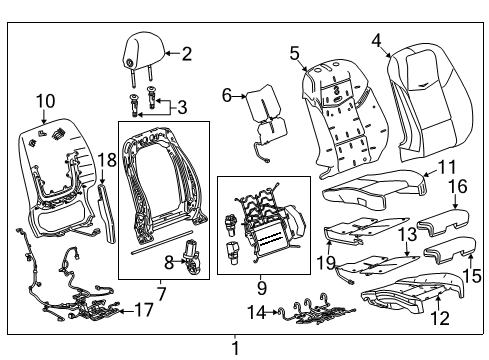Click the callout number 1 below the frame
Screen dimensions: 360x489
tap(235, 349)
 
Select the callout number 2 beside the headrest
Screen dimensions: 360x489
tap(186, 54)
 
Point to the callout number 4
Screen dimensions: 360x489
tap(376, 41)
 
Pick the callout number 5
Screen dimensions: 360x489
tap(295, 53)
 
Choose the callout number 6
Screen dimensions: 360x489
tap(226, 95)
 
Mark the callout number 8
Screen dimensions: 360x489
tap(169, 263)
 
